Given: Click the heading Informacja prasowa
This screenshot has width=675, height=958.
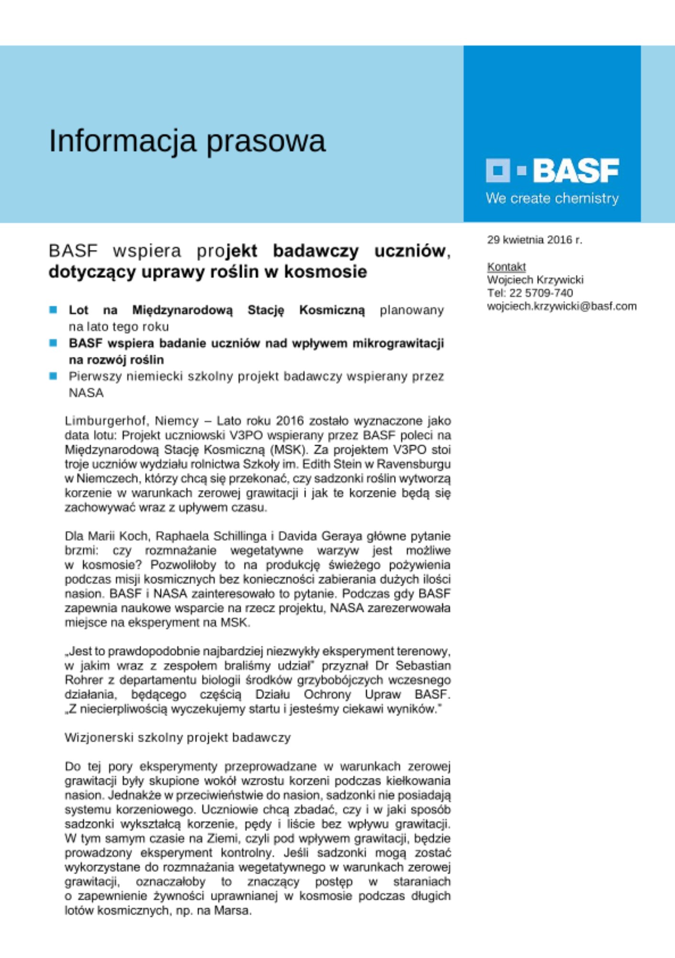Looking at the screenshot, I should coord(187,141).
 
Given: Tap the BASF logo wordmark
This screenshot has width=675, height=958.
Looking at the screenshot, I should coord(576,171).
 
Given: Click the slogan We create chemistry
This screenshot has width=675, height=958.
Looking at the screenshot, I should coord(552,198).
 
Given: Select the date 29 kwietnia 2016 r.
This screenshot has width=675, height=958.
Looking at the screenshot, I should coord(534,240).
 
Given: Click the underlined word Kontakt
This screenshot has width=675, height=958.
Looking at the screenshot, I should coord(506,267).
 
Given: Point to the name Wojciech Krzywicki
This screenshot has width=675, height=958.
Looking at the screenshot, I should coord(535,280).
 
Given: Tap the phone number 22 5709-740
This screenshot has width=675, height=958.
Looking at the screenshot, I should coord(541,293).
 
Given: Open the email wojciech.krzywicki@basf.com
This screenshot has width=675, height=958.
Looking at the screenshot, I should coord(562,306).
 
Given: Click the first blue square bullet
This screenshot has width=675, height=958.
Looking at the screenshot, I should coord(53,310).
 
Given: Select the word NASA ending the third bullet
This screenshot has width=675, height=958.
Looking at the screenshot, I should coord(86,393).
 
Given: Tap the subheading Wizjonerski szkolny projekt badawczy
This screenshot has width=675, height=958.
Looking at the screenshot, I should coord(178,738).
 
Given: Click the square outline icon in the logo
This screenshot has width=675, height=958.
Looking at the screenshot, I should coord(498,171).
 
